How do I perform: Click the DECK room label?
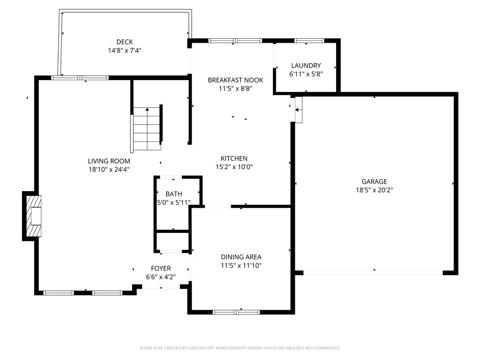[x=125, y=42]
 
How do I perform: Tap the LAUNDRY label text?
[x=306, y=66]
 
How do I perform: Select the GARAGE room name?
[x=374, y=181]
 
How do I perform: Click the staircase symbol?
[x=147, y=128]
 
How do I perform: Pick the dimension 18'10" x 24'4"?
[x=109, y=170]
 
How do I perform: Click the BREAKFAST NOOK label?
[x=235, y=80]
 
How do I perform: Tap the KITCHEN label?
[x=234, y=158]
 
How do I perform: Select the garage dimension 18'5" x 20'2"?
[x=374, y=190]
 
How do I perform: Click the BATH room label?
[x=173, y=194]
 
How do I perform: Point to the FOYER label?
[x=161, y=269]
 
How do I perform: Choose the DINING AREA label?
[x=241, y=257]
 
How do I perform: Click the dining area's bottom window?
[x=236, y=312]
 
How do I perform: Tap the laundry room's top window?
[x=309, y=40]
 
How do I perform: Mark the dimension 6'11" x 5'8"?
[x=306, y=74]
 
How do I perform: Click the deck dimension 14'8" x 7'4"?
[x=125, y=51]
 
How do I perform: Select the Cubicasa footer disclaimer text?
[x=240, y=348]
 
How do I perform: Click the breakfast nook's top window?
[x=235, y=40]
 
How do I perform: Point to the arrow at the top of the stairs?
[x=147, y=109]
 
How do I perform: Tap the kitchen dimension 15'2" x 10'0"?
[x=234, y=167]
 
